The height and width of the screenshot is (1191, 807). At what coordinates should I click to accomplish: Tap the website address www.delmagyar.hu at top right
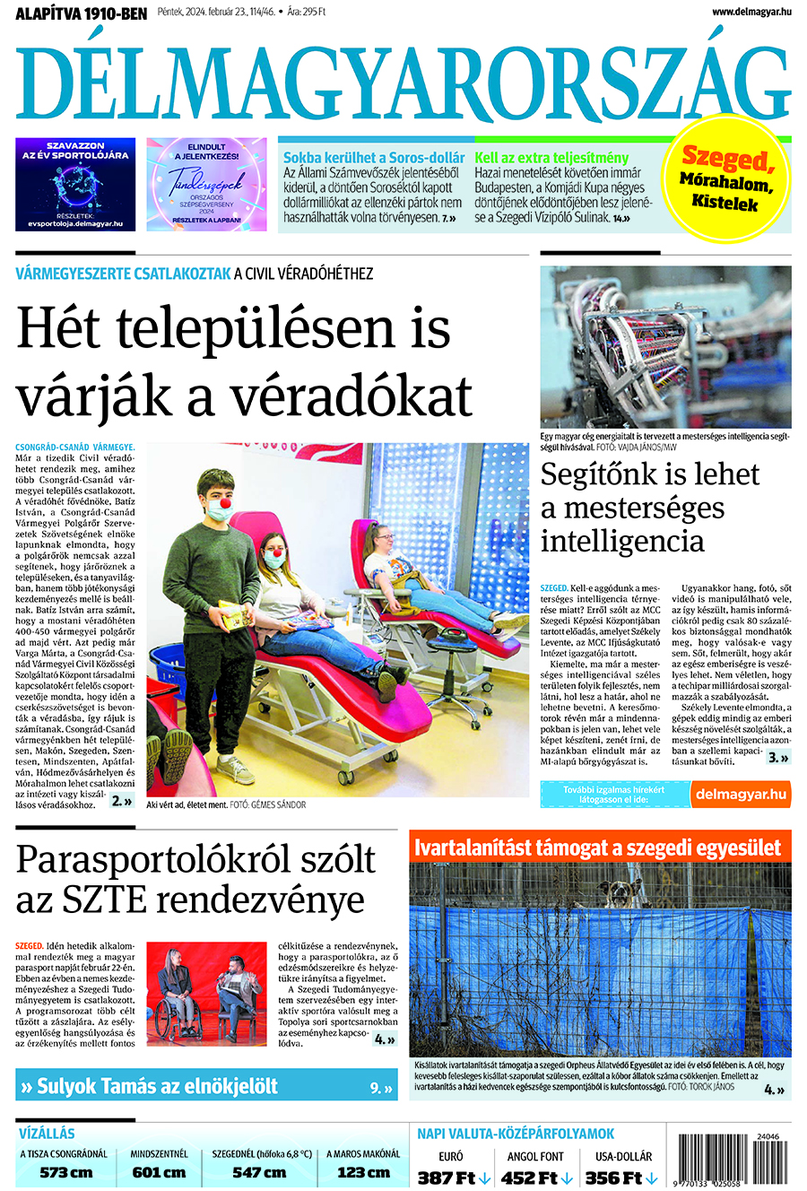(751, 12)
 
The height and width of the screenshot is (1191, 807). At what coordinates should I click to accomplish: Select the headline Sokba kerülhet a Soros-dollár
(374, 157)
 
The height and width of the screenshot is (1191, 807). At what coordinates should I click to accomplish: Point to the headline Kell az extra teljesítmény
(551, 157)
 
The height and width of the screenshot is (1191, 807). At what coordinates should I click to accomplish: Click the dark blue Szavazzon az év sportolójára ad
(75, 184)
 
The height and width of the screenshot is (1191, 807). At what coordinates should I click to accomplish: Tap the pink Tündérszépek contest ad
(206, 184)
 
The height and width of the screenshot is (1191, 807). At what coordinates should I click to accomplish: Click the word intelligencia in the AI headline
(623, 541)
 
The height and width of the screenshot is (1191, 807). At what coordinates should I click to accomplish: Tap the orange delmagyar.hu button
(741, 794)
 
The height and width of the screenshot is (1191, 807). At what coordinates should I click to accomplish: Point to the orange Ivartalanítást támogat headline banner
(598, 848)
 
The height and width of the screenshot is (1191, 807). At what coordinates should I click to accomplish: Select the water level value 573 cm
(65, 1172)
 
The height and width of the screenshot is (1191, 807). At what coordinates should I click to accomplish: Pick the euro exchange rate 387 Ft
(447, 1178)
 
